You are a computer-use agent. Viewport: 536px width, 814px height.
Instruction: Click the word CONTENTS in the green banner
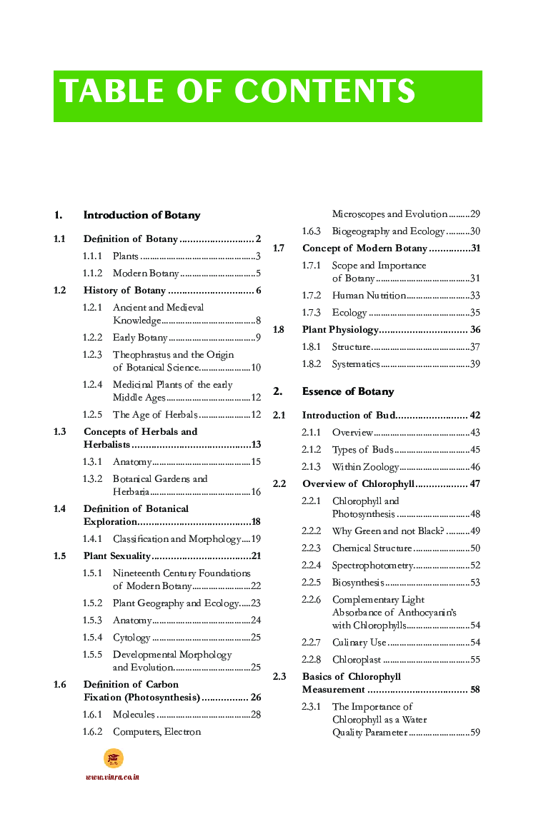coord(324,91)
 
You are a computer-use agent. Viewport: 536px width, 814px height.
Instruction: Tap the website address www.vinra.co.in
coord(112,777)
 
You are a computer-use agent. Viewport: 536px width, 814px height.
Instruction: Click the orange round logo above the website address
coord(113,758)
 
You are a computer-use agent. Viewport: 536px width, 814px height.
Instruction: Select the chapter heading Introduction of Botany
coord(142,215)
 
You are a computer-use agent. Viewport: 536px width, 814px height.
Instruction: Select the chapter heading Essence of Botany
coord(347,391)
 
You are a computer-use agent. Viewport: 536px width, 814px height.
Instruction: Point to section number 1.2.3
coord(92,355)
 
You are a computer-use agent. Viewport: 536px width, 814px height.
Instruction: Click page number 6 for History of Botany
coord(258,291)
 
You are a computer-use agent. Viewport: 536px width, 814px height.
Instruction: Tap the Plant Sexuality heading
coord(116,556)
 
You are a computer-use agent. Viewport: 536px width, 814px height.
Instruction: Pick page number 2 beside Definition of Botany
coord(258,239)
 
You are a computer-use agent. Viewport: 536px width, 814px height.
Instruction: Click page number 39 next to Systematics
coord(475,364)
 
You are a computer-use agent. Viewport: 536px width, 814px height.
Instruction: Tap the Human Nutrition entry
coord(369,296)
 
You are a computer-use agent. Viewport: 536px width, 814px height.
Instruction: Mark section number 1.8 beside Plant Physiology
coord(279,330)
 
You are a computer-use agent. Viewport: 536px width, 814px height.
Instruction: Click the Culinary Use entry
coord(359,643)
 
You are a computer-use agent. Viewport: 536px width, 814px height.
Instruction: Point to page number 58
coord(475,690)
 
